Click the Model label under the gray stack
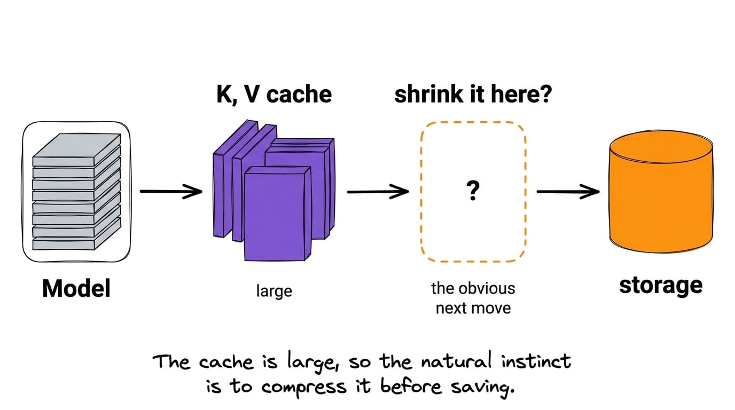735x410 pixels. tap(76, 288)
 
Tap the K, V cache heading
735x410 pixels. tap(274, 94)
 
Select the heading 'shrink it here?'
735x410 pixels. tap(473, 94)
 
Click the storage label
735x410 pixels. tap(661, 286)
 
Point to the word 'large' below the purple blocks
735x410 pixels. tap(274, 291)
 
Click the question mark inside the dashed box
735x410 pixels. tap(473, 191)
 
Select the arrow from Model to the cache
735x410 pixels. tap(171, 191)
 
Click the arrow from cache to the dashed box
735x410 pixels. tap(378, 192)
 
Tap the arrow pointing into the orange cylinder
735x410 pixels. tap(568, 192)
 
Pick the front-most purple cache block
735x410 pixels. tap(278, 214)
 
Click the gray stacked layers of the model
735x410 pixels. tap(76, 192)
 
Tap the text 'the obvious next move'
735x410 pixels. tap(473, 298)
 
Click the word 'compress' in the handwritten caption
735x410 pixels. tap(304, 387)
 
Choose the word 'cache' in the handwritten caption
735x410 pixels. tap(226, 362)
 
